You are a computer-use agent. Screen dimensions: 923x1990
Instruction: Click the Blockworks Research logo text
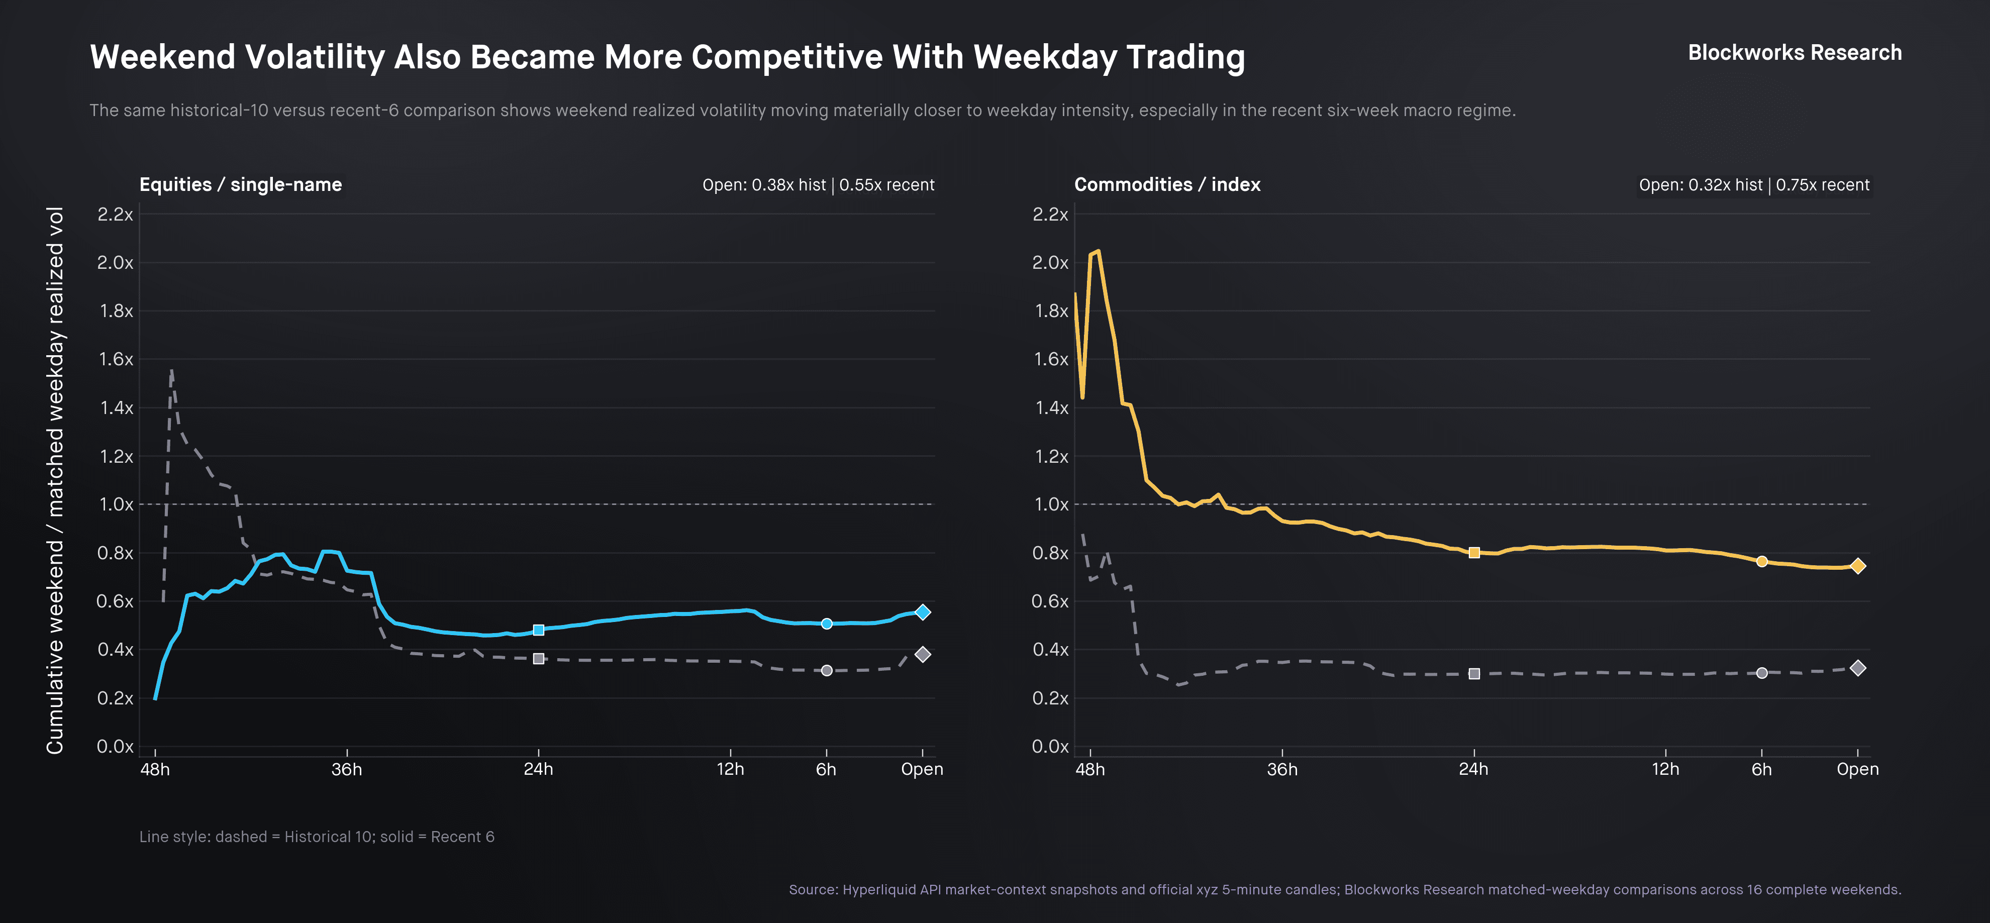tap(1794, 53)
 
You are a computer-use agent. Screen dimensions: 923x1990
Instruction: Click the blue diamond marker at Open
tap(922, 611)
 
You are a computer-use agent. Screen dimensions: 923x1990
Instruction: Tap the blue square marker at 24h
tap(538, 630)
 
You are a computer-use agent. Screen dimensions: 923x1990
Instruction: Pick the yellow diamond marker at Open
tap(1858, 566)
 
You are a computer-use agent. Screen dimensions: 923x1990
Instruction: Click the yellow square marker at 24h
tap(1474, 552)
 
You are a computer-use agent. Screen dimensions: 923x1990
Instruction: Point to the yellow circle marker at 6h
tap(1761, 562)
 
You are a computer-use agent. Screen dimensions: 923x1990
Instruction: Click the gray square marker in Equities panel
tap(538, 659)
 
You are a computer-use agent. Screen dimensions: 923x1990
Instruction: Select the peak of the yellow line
tap(1098, 251)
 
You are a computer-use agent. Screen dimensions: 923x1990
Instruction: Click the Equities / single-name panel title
tap(240, 184)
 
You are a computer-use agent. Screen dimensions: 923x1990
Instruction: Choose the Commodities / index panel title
tap(1166, 184)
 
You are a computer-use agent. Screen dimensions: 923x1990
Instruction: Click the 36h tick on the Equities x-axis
tap(347, 769)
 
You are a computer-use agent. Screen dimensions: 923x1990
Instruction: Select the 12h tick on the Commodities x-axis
tap(1665, 769)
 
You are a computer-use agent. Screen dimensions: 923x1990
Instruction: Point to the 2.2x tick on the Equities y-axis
tap(115, 214)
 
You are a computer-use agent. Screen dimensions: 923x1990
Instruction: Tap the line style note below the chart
tap(317, 837)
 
